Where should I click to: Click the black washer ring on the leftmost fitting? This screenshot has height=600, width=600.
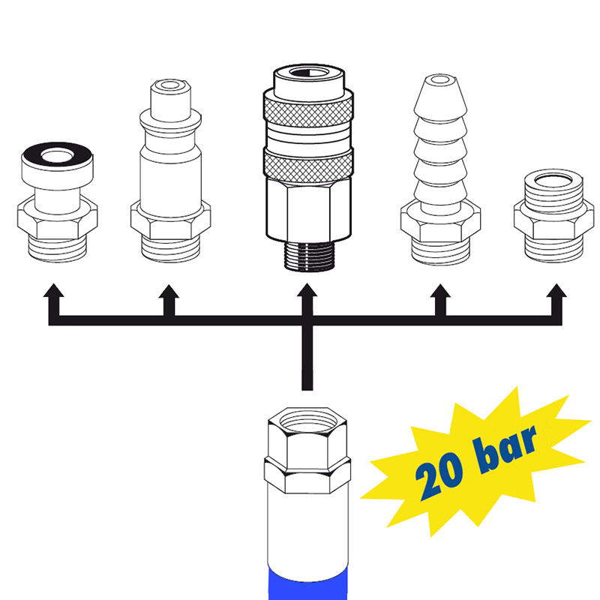coord(57,156)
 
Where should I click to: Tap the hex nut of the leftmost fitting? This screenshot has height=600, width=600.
coord(58,219)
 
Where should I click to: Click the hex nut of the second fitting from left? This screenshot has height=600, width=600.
coord(171,221)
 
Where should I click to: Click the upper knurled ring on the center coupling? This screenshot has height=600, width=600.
coord(308,110)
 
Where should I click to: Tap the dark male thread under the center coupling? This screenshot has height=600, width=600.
coord(308,256)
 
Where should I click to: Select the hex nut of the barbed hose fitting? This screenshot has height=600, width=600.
coord(440,223)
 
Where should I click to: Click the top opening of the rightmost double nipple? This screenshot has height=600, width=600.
coord(553,180)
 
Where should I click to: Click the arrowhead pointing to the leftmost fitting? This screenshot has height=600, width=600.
coord(53,290)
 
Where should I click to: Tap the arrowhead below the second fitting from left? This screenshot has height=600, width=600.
coord(169,291)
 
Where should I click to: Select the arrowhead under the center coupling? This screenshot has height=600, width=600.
coord(307,289)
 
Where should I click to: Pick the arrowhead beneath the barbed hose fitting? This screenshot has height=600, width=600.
coord(440,291)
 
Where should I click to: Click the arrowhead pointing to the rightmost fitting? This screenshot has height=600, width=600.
coord(556,290)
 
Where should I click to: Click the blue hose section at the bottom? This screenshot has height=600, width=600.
coord(308,584)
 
